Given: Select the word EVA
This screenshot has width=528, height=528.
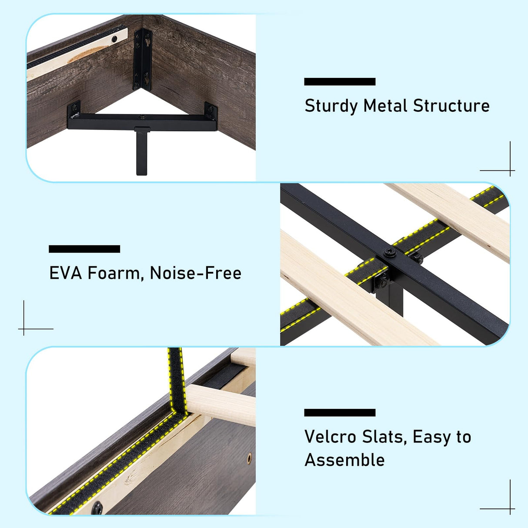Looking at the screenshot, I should tap(65, 273).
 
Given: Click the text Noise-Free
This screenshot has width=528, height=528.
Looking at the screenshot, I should tap(195, 273).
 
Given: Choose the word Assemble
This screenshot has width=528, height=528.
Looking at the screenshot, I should tap(344, 460).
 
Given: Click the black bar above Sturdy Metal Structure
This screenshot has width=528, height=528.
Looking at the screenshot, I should tap(339, 82).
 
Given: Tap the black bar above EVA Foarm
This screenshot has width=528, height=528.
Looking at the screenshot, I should tap(84, 249).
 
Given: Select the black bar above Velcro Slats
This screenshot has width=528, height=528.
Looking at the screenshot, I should tap(339, 413).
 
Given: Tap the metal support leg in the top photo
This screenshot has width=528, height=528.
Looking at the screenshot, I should tap(142, 152).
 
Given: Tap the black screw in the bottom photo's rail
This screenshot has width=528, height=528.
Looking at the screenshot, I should tap(97, 507).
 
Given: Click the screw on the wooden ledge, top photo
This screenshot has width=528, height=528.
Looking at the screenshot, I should tap(114, 39).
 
